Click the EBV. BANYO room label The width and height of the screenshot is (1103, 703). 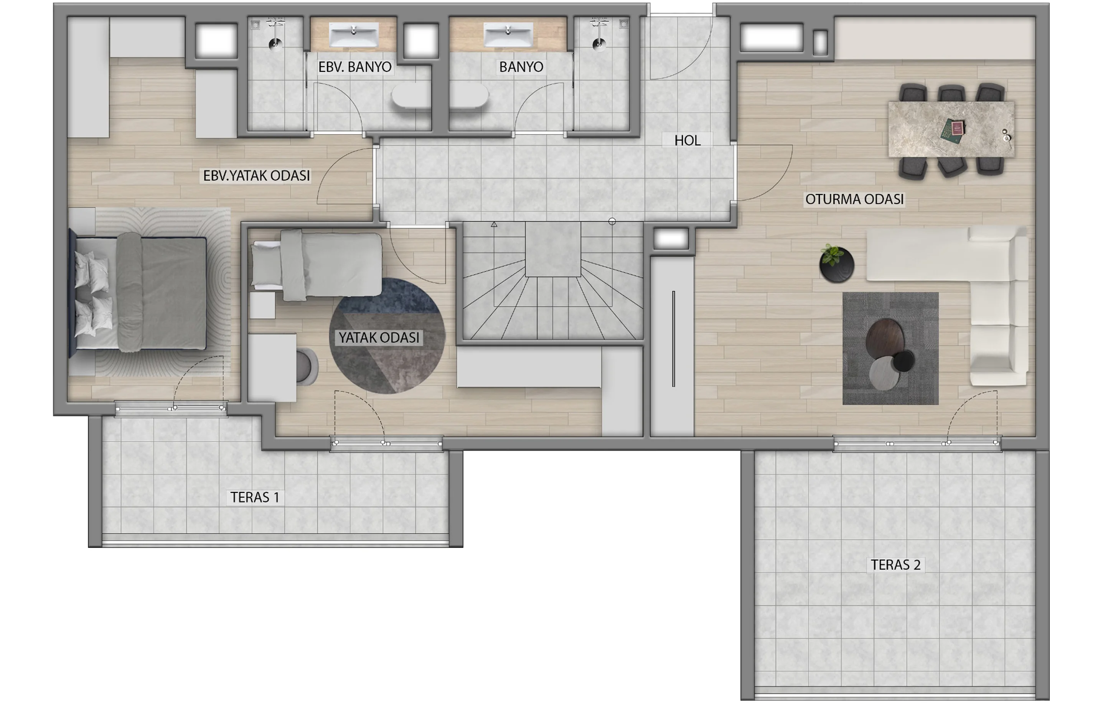[355, 67]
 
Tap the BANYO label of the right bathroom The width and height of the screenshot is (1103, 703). [521, 67]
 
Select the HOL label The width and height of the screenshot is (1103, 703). [688, 140]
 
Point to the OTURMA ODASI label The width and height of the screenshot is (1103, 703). [855, 199]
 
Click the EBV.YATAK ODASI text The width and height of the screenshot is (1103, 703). [257, 175]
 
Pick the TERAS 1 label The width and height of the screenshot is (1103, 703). [255, 497]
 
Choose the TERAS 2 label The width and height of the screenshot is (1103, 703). [895, 565]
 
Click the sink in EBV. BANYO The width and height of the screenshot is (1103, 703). [354, 35]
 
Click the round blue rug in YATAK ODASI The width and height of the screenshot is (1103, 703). [387, 336]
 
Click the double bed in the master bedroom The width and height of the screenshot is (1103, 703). [137, 293]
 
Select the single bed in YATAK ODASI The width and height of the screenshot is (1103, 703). [317, 266]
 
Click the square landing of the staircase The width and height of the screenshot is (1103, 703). [553, 249]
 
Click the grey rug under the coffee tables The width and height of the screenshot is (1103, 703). [890, 349]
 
